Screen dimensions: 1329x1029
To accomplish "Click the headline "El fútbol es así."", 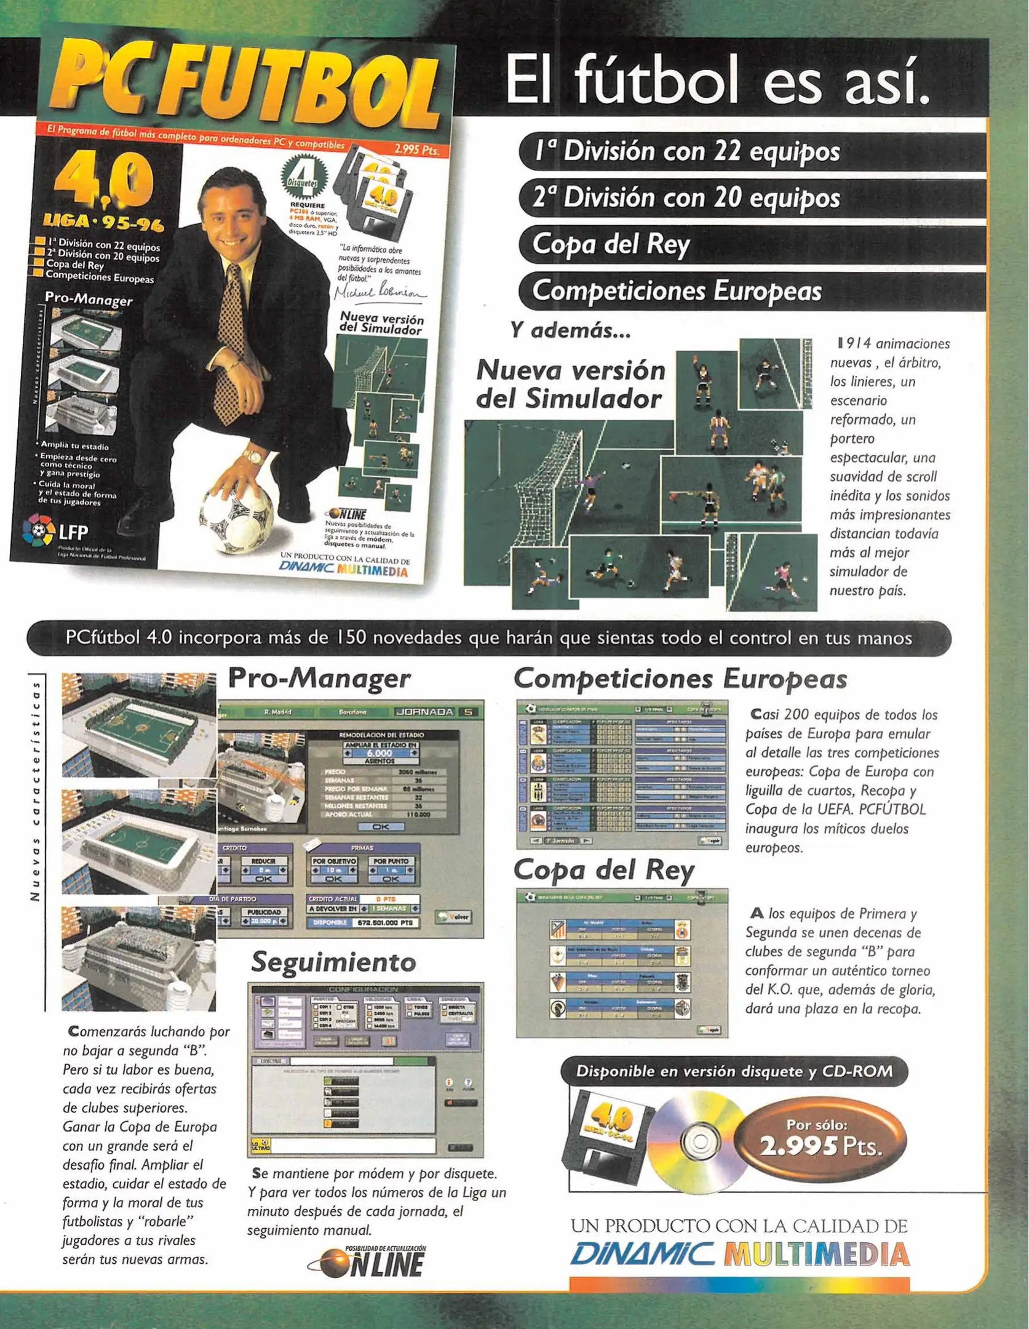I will (x=717, y=81).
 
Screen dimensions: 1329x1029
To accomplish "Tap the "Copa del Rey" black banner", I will (x=750, y=244).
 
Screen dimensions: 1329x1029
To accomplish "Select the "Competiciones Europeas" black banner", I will (x=750, y=290).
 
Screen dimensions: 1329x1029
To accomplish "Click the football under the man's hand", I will (x=236, y=514).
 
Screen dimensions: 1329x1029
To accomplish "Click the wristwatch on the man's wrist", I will (x=252, y=457).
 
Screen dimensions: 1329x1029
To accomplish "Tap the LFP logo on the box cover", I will (x=55, y=530).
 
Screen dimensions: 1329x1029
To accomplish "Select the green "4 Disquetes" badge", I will (x=304, y=178).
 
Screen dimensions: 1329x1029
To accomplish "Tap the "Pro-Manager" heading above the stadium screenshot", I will (x=319, y=679).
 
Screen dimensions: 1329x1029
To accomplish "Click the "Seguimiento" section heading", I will (x=333, y=962).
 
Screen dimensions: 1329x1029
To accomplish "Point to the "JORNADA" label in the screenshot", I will (x=424, y=712).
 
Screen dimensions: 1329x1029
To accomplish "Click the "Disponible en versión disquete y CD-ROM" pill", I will (x=734, y=1071).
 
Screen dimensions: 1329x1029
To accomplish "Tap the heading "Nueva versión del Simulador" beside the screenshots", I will (x=570, y=384).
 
